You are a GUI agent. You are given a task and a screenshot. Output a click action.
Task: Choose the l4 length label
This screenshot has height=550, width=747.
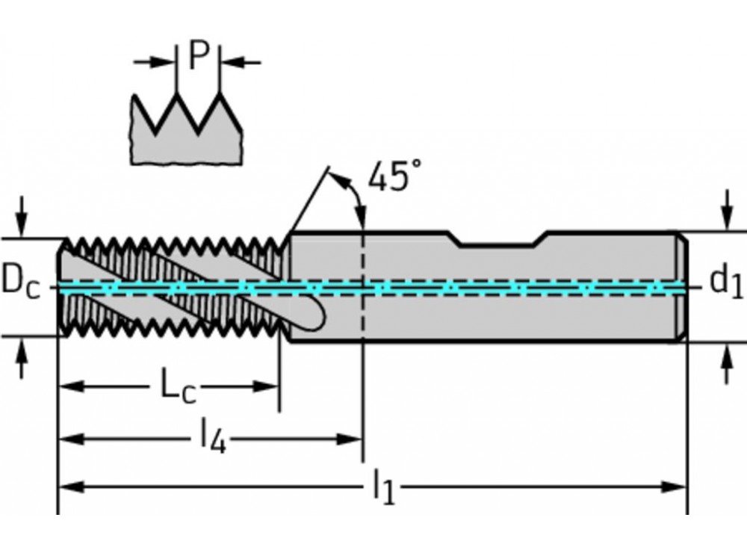pos(213,438)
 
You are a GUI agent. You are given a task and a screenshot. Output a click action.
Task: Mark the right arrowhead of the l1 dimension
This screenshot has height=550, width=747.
pos(677,487)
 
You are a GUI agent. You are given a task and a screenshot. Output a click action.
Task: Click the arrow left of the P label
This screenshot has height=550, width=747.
pos(164,61)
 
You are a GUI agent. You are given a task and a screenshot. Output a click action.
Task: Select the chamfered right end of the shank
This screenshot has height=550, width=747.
pos(682,287)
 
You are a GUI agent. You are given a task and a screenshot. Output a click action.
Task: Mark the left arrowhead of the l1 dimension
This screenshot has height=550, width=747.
pos(69,487)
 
